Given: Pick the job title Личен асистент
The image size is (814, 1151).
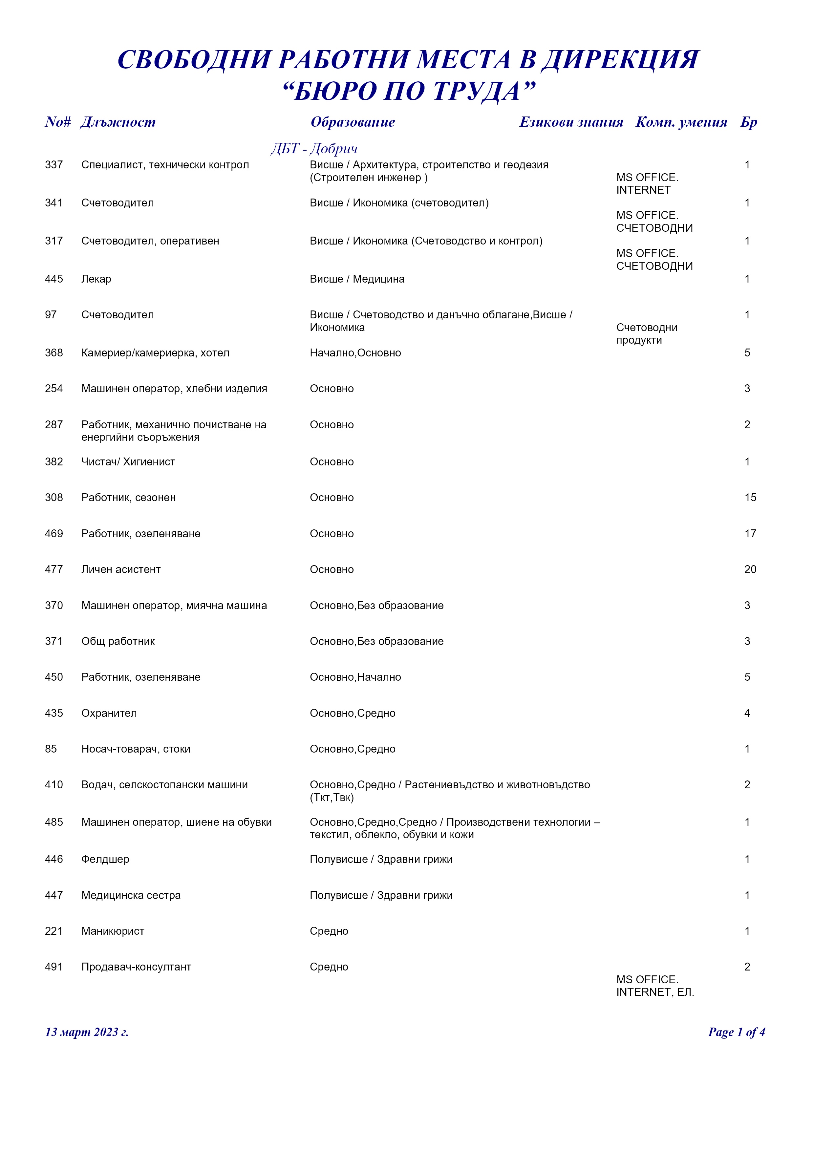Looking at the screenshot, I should [121, 569].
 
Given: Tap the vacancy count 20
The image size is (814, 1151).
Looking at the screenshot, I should [750, 569].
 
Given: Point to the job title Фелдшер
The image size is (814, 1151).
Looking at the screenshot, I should [105, 859].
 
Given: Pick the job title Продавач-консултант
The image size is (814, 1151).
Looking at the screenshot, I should [136, 967].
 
